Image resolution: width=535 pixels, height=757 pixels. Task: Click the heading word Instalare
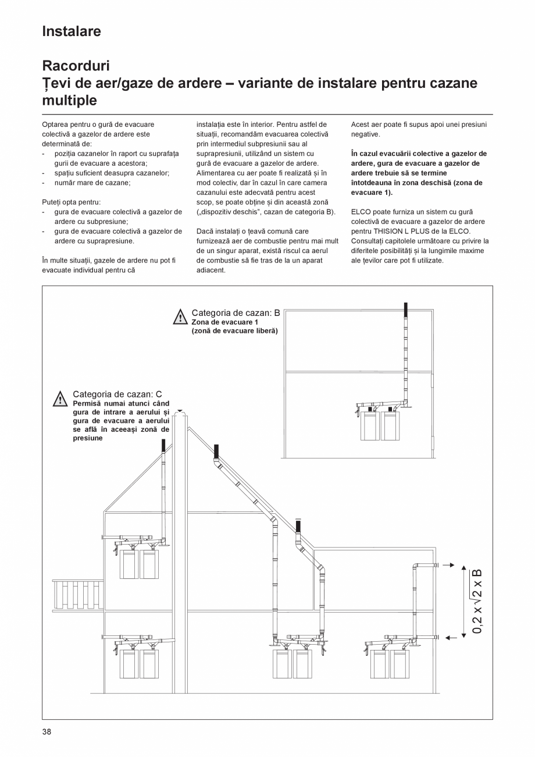point(72,31)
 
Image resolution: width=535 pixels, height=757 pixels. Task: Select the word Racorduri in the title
point(76,66)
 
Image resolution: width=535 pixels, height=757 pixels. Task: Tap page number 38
point(47,731)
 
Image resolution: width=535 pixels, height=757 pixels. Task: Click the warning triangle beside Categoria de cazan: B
point(180,317)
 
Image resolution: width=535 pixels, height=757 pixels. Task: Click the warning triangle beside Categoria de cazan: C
point(60,399)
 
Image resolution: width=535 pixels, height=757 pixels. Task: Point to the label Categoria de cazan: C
point(117,395)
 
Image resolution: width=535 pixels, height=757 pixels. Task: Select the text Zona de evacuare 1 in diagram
point(224,322)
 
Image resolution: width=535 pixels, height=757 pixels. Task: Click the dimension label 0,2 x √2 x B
point(477,601)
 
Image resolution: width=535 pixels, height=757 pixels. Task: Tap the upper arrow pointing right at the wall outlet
point(448,565)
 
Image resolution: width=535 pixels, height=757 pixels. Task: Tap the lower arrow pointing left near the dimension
point(450,638)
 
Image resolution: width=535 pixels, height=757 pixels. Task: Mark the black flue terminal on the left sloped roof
point(164,446)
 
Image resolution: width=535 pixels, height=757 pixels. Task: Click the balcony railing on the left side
point(77,593)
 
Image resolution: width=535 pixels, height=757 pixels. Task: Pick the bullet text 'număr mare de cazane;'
point(92,183)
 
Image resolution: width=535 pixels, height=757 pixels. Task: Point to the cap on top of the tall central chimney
point(180,411)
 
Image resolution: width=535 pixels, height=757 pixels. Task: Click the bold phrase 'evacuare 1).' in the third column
point(372,193)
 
